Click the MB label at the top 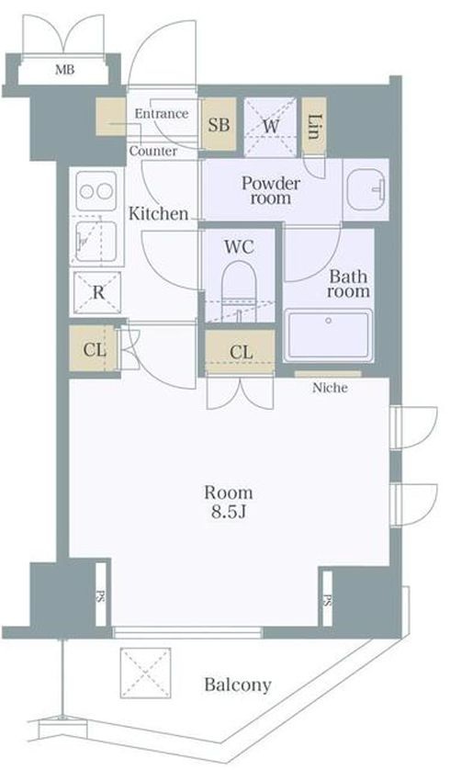pos(64,70)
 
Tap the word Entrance pos(162,114)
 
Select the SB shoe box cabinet pos(219,125)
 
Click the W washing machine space pos(270,126)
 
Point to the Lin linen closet pos(315,126)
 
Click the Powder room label pos(270,190)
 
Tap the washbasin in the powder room pos(366,189)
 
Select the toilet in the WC pos(239,290)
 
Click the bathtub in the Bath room pos(328,334)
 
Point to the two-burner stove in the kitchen pos(96,191)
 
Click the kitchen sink pos(96,241)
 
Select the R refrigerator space pos(97,293)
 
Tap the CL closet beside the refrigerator pos(94,350)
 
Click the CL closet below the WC pos(240,352)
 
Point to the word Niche pos(331,388)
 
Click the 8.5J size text pos(228,512)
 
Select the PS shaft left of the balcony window pos(101,595)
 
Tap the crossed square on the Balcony pos(146,673)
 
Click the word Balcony pos(238,685)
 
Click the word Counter pos(153,152)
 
